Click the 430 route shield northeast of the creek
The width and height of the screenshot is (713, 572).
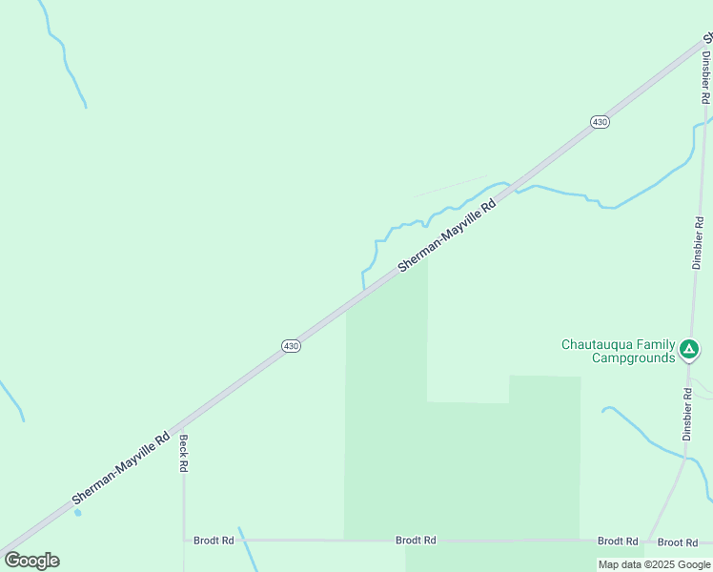tap(600, 122)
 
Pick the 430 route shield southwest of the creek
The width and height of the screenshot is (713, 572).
tap(292, 346)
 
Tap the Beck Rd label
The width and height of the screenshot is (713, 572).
tap(184, 454)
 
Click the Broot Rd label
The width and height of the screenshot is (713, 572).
tap(678, 541)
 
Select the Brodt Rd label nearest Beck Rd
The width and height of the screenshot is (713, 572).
tap(214, 541)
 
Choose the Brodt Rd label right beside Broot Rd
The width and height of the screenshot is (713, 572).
tap(618, 541)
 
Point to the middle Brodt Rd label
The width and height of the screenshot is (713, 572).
tap(416, 541)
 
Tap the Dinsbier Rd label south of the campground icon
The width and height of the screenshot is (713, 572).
tap(687, 413)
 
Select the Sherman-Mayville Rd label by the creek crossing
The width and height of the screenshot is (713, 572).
tap(448, 235)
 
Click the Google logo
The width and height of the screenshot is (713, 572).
tap(31, 561)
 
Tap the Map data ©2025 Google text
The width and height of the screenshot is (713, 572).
tap(654, 564)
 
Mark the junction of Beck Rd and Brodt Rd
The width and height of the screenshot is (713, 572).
tap(184, 541)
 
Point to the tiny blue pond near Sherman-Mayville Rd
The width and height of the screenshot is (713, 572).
tap(77, 512)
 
